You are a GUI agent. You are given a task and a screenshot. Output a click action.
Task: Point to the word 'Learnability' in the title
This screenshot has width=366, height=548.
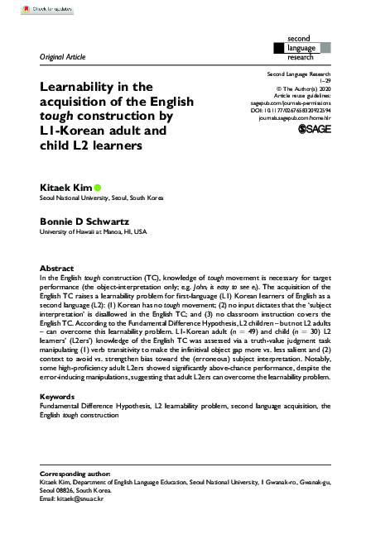coord(81,86)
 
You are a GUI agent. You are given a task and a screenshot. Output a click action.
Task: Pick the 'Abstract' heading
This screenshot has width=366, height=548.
coord(56,269)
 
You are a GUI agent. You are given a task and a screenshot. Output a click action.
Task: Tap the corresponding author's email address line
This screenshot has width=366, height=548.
coord(75,524)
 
